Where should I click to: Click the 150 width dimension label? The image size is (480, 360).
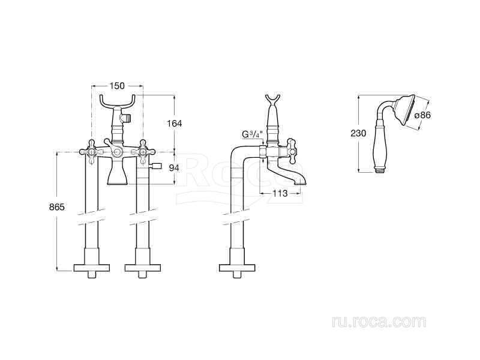tap(118, 86)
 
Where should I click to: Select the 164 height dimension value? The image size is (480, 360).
tap(174, 124)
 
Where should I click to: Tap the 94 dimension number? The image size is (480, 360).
tap(174, 168)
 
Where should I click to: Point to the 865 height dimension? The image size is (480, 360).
tap(57, 207)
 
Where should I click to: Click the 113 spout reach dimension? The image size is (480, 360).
tap(280, 193)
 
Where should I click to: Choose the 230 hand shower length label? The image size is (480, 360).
tap(358, 133)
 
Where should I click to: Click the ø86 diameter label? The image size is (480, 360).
tap(422, 115)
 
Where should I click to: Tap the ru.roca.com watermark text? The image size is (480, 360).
tap(379, 322)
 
